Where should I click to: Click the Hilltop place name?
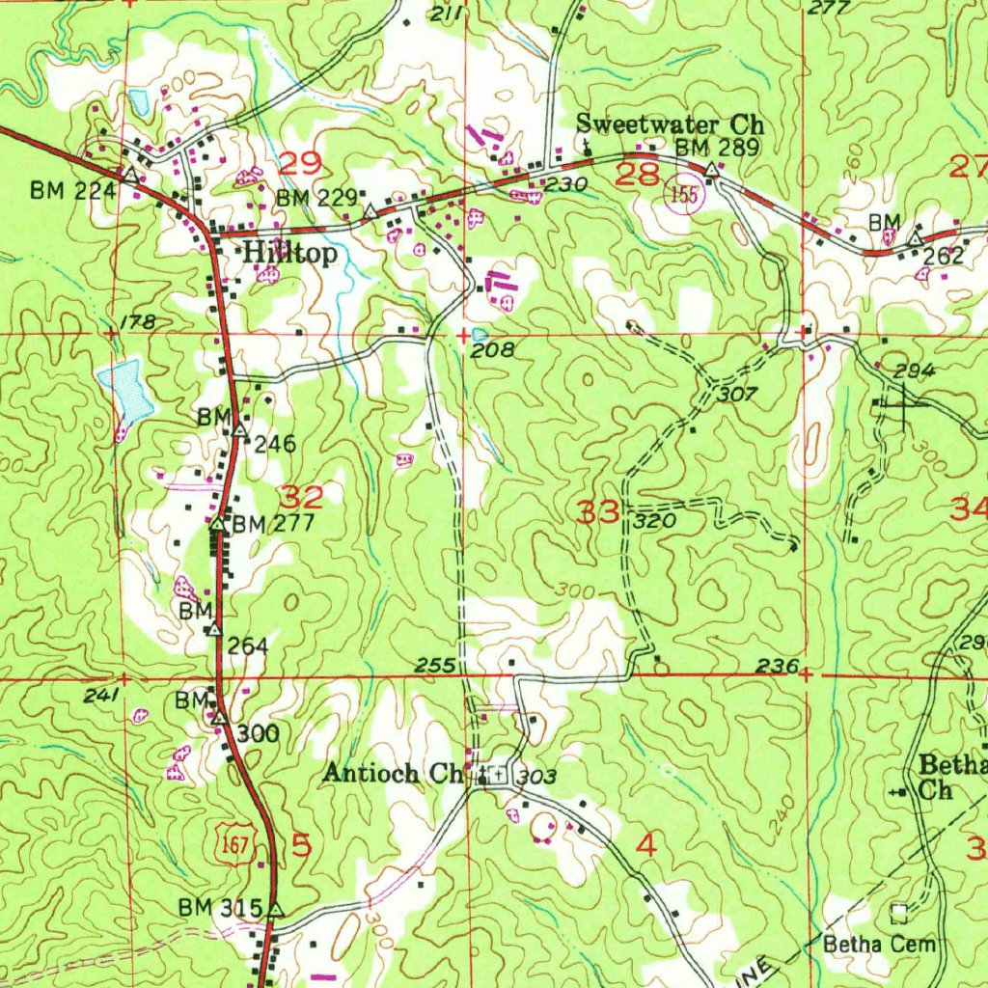coord(290,254)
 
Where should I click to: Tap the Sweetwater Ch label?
coord(670,124)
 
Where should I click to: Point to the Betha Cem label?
coord(879,944)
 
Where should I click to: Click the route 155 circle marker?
coord(684,194)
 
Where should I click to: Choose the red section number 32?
coord(301,498)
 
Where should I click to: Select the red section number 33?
coord(598,512)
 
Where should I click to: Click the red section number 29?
coord(299,163)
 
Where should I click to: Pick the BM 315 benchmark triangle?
coord(276,909)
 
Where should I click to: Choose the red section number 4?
coord(645,846)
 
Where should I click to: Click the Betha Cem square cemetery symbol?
coord(900,911)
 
